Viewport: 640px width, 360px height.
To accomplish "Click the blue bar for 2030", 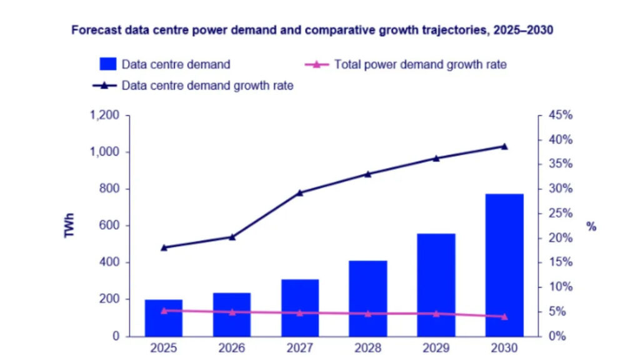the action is [x=504, y=265].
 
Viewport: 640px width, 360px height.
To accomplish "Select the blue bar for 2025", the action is [x=164, y=318].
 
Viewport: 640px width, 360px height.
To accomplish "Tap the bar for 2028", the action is [x=367, y=298].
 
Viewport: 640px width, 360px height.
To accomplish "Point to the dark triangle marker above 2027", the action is [x=300, y=192].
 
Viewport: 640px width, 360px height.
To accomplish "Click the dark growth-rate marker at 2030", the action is [x=504, y=146].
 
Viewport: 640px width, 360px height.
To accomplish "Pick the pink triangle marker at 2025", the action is [x=164, y=311].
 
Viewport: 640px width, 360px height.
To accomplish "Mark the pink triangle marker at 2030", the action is [x=504, y=316].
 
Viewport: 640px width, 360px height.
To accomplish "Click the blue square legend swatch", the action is [x=108, y=64].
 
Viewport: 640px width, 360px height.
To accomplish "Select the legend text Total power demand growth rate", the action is [x=421, y=64].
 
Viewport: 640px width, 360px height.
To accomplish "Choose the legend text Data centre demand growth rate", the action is [x=207, y=86].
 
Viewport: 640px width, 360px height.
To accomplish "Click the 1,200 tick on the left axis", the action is [x=104, y=115].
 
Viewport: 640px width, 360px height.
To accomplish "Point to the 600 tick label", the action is [x=109, y=225].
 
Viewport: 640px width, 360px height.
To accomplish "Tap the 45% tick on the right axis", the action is [x=561, y=115].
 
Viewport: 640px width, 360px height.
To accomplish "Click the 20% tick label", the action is [x=561, y=238].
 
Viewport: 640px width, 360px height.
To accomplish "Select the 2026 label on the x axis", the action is [x=232, y=347].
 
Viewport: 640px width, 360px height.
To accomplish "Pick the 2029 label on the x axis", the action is [x=436, y=347].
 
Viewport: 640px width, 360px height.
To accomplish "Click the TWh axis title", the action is [x=69, y=225].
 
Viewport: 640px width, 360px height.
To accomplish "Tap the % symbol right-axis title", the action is [x=591, y=226].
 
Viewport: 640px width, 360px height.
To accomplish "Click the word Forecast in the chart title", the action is [x=96, y=30].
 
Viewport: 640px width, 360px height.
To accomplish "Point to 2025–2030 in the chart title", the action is [x=523, y=30].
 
